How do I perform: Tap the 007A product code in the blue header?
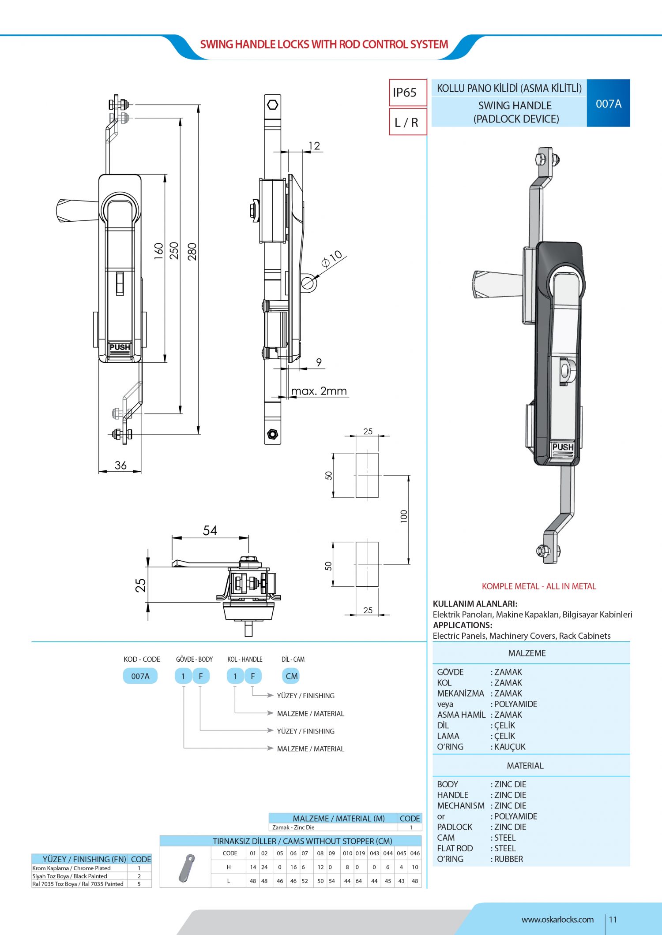(x=608, y=104)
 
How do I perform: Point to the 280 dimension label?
(x=192, y=251)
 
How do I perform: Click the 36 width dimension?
(x=120, y=465)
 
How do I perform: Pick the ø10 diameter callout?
(x=332, y=259)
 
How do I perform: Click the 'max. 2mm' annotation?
(x=319, y=391)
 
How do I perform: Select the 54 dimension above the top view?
(x=210, y=530)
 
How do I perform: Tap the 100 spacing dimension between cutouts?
(x=403, y=516)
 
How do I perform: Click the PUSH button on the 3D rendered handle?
(x=563, y=447)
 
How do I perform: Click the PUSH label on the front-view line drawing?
(x=120, y=347)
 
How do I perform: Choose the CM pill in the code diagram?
(x=292, y=676)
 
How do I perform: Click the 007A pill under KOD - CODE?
(x=140, y=676)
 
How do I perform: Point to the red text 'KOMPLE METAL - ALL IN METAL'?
(x=538, y=586)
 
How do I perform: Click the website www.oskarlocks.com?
(x=557, y=920)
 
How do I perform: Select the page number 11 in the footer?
(x=613, y=920)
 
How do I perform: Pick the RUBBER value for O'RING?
(x=508, y=859)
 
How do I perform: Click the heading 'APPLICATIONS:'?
(x=462, y=625)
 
